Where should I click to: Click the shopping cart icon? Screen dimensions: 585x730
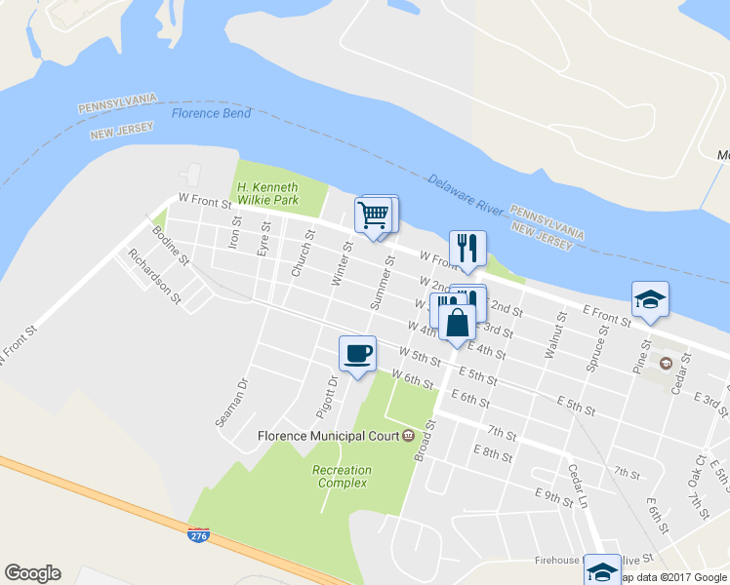tap(375, 215)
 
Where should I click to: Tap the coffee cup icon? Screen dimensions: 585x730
tap(357, 353)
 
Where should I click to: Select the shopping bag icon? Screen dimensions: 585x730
tap(457, 321)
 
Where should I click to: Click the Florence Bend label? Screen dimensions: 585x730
tap(212, 113)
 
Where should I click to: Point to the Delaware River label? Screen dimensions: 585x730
tap(464, 194)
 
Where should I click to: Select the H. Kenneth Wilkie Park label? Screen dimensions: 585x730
tap(279, 193)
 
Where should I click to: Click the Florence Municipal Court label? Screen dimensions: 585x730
tap(329, 435)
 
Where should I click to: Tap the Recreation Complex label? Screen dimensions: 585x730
tap(342, 477)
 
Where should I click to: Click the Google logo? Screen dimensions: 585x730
tap(32, 573)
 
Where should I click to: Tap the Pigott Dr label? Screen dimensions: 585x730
tap(326, 394)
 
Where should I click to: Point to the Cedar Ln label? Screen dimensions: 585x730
tap(579, 484)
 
